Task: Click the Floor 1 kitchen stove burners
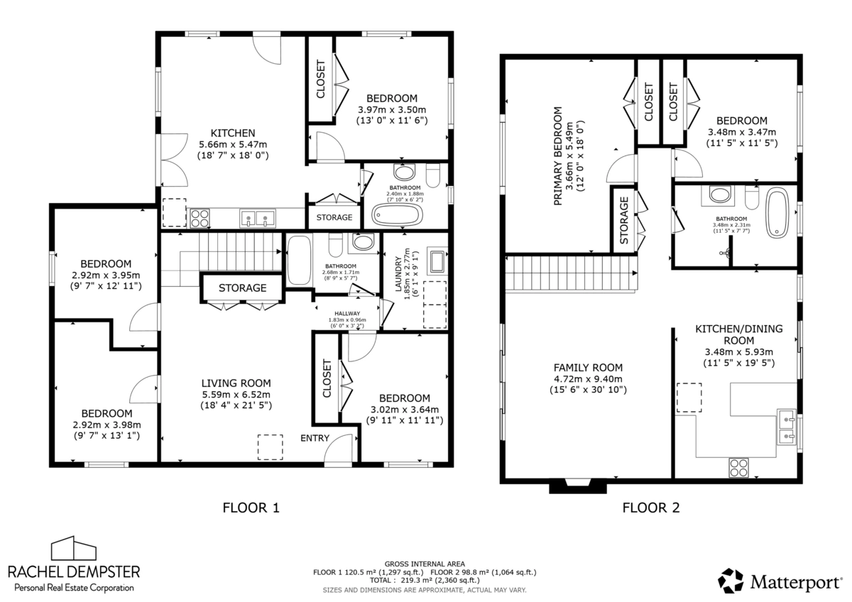coord(200,218)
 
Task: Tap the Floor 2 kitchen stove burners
coord(738,467)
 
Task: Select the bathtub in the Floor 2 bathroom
coord(777,212)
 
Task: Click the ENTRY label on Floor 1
coord(315,438)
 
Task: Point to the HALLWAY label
coord(347,313)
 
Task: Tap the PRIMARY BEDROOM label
coord(557,156)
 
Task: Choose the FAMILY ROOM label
coord(588,368)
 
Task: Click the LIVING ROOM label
coord(236,383)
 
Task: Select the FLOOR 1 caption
coord(251,508)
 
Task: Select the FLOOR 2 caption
coord(651,508)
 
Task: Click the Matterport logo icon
coord(731,581)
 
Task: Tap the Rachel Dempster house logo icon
coord(74,548)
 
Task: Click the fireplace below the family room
coord(578,487)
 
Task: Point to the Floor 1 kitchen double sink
coord(258,218)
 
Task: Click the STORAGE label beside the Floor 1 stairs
coord(242,288)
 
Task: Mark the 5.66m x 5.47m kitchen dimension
coord(233,145)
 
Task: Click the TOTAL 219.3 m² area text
coord(425,580)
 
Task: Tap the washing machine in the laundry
coord(437,261)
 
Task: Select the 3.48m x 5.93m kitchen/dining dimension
coord(738,352)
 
